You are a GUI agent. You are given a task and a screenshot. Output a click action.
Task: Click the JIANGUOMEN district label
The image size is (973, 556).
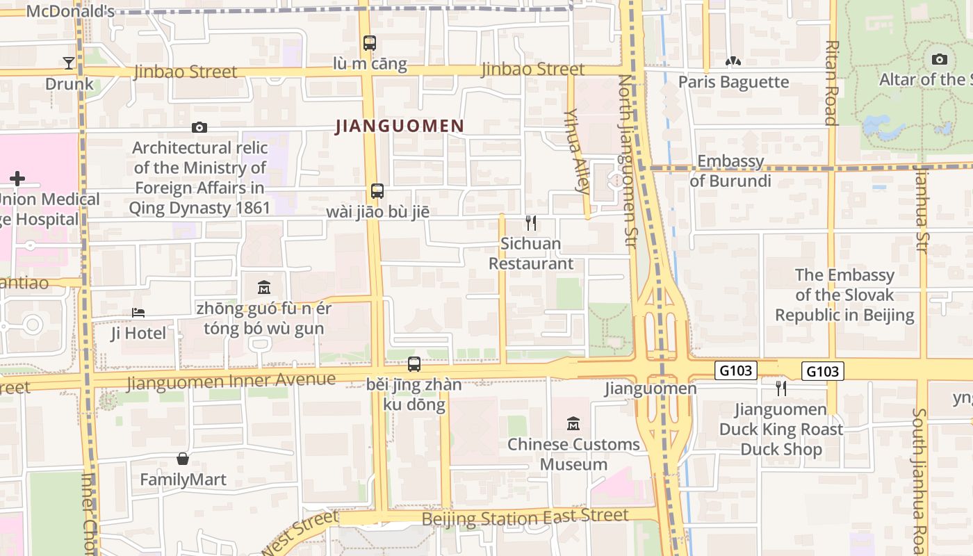click(400, 126)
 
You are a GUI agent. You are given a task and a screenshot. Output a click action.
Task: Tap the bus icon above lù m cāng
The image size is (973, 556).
click(370, 43)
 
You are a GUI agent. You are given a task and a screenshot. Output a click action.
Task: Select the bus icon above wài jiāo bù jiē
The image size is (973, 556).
click(377, 191)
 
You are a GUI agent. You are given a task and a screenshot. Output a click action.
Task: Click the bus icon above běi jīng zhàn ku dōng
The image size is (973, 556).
click(414, 363)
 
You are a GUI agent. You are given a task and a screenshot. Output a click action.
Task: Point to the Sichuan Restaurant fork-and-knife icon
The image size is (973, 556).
click(531, 223)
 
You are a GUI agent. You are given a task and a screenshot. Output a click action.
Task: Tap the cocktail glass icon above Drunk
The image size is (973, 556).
click(69, 63)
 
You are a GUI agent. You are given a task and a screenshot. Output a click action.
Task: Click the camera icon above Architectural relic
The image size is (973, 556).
click(199, 127)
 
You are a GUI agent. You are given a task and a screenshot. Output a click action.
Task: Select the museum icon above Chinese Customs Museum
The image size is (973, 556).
click(573, 423)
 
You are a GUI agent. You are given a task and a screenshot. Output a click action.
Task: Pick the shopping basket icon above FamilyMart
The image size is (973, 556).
click(183, 459)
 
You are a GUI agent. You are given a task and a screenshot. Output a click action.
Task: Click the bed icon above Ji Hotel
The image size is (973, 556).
click(138, 313)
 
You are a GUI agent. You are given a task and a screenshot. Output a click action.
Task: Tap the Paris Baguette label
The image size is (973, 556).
click(733, 82)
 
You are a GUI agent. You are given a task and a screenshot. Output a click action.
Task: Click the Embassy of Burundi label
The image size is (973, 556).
click(730, 171)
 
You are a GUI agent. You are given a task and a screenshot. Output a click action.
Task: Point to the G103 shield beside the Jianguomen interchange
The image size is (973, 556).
click(735, 370)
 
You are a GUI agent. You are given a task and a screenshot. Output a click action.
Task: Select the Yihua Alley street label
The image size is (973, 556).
click(578, 150)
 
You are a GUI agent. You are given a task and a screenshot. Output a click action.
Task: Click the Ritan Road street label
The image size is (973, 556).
click(831, 82)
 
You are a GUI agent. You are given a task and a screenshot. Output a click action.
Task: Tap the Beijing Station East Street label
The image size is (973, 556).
click(525, 517)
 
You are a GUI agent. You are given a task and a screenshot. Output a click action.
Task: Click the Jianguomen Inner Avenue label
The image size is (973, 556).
click(231, 381)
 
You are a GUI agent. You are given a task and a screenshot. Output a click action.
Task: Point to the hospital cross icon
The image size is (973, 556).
click(17, 179)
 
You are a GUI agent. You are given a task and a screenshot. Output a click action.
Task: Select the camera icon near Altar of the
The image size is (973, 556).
click(940, 60)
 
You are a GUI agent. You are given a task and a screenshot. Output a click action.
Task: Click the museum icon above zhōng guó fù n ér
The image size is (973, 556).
click(264, 287)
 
